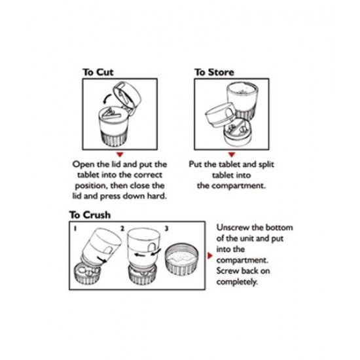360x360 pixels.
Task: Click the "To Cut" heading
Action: point(98,72)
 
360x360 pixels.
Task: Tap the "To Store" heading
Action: point(214,72)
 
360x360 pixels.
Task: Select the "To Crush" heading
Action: point(90,215)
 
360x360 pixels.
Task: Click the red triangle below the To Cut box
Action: point(120,154)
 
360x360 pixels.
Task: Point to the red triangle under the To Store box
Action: point(232,154)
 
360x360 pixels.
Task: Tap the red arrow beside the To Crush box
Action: point(210,255)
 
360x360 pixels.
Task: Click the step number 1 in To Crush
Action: point(75,228)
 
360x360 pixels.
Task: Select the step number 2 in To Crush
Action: point(122,228)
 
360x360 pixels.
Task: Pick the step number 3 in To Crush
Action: point(167,228)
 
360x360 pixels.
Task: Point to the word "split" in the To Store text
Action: point(266,164)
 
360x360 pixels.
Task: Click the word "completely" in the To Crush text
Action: point(236,281)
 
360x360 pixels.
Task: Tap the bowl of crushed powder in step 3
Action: point(182,259)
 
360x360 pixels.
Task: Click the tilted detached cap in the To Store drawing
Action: point(220,115)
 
